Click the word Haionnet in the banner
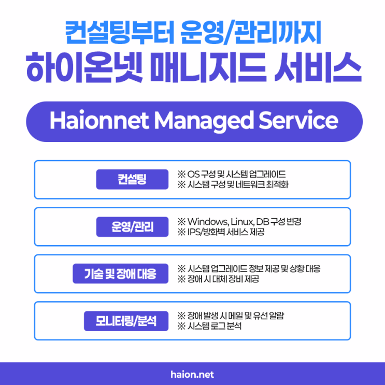click(x=99, y=120)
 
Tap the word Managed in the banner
click(x=204, y=122)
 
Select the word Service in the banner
click(x=298, y=120)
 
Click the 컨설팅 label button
click(x=132, y=179)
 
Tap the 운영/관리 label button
click(x=132, y=226)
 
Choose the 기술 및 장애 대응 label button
click(x=120, y=274)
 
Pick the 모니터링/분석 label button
click(x=126, y=321)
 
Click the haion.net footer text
click(x=192, y=375)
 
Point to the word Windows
click(x=208, y=222)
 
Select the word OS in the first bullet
click(x=193, y=174)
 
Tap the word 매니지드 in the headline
click(x=208, y=67)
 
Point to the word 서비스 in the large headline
click(x=318, y=67)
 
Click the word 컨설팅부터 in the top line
click(x=120, y=33)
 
